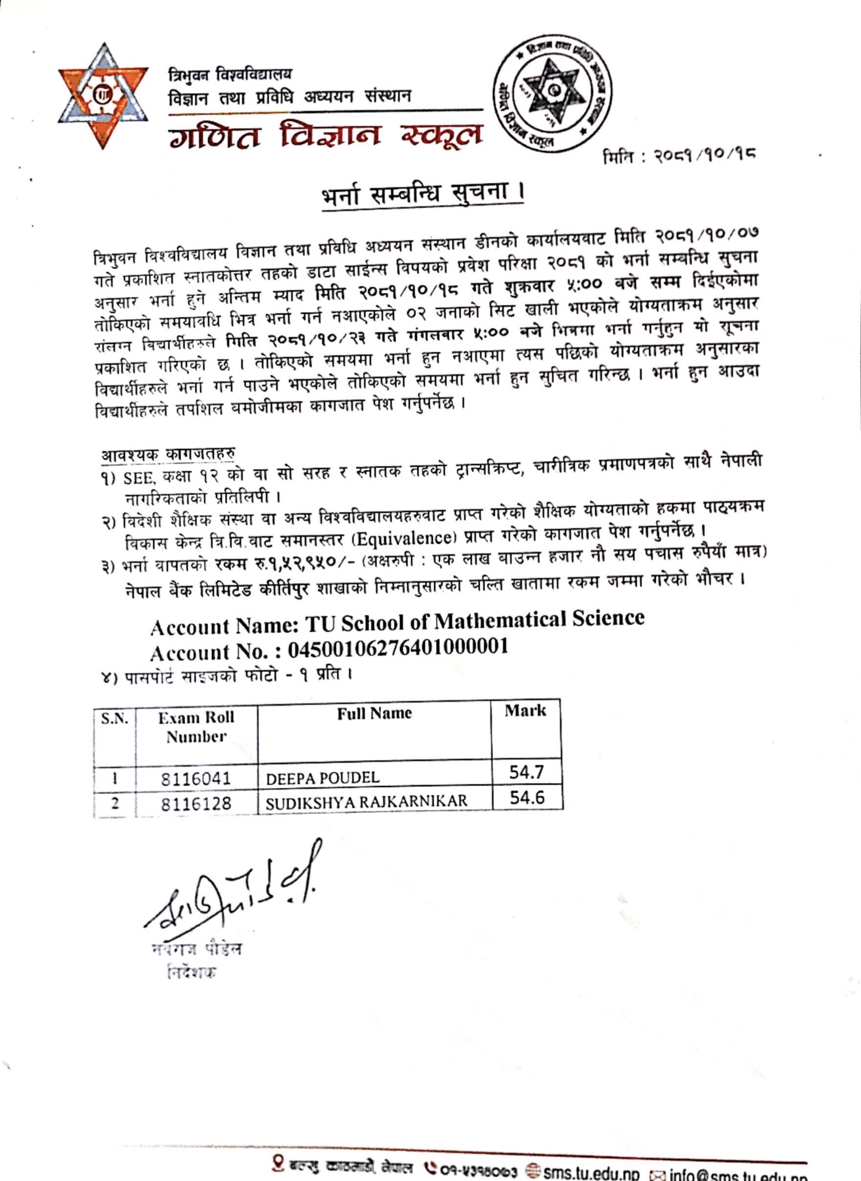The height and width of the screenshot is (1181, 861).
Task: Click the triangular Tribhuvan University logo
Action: (103, 96)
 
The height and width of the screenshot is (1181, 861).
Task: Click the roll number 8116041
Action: (195, 779)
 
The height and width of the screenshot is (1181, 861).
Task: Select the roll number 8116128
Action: (195, 803)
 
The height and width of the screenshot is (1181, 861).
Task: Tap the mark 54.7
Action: (526, 772)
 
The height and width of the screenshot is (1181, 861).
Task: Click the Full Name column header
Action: (374, 714)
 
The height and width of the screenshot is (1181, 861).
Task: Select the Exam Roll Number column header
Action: (196, 726)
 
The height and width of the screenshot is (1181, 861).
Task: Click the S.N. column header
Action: (115, 719)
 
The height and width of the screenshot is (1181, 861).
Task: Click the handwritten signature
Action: (234, 891)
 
